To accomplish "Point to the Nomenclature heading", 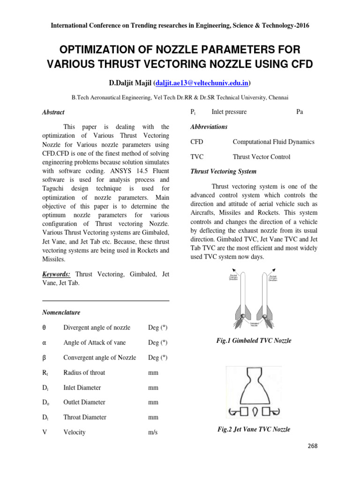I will pyautogui.click(x=61, y=312).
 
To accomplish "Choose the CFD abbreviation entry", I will pyautogui.click(x=197, y=142).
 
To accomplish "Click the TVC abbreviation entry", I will pyautogui.click(x=197, y=157).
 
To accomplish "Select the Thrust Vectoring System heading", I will pyautogui.click(x=224, y=172).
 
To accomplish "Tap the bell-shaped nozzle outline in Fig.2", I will pyautogui.click(x=254, y=385).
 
